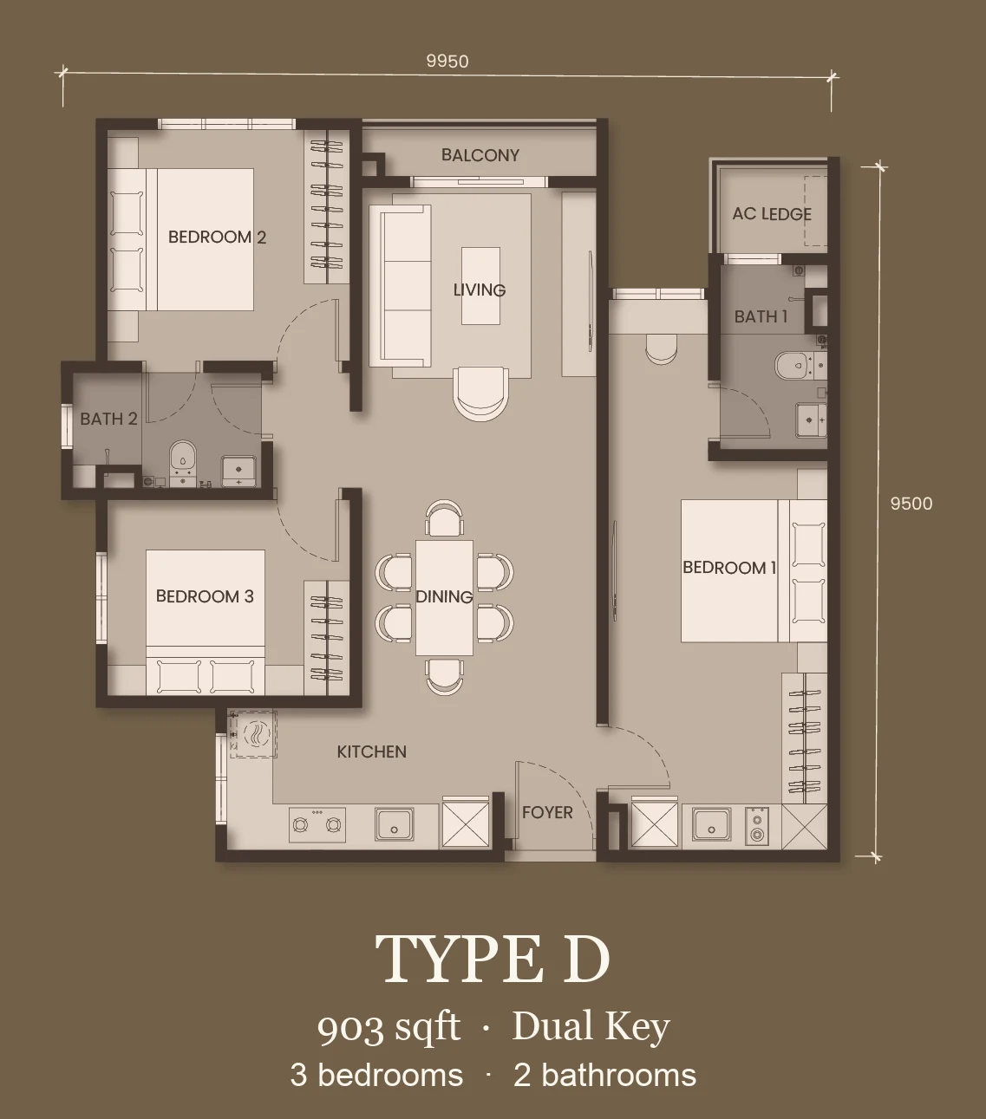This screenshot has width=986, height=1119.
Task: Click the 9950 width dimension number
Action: (447, 61)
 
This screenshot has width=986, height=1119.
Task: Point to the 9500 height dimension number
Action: (911, 504)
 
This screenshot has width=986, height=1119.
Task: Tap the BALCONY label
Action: (480, 155)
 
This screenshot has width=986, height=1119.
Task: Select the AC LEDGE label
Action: (772, 214)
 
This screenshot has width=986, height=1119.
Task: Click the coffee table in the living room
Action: (480, 285)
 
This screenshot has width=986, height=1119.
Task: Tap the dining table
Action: (444, 597)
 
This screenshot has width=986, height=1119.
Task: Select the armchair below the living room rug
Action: (480, 394)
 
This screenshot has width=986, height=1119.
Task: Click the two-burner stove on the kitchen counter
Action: (317, 824)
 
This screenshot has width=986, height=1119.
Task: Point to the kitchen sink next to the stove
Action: (394, 824)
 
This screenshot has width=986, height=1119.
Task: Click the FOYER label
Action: (547, 812)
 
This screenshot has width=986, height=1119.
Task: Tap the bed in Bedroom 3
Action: (205, 622)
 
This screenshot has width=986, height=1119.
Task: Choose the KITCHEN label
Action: (371, 751)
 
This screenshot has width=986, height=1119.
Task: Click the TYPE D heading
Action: (493, 959)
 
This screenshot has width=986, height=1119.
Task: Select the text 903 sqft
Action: (389, 1027)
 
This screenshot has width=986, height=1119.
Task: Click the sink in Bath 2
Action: (238, 472)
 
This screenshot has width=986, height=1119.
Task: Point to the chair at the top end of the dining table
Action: (444, 517)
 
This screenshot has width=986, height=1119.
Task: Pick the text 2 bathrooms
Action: (604, 1076)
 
